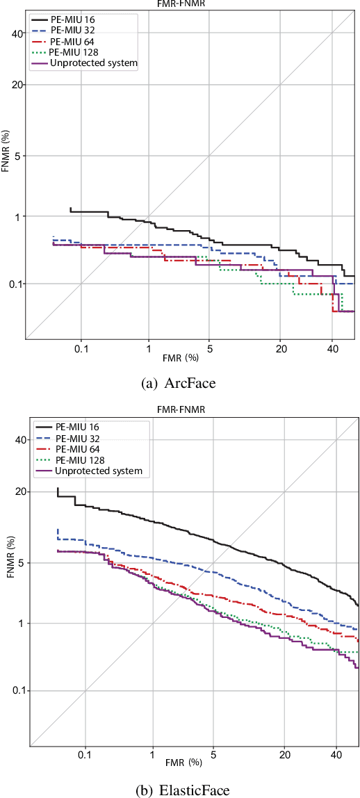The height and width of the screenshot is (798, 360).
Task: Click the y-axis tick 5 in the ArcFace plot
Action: point(19,156)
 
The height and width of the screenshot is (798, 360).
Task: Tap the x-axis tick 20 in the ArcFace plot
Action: point(280,348)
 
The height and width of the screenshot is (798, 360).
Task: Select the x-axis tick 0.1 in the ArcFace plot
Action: point(81,348)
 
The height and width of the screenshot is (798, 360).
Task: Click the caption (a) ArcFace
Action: point(180,382)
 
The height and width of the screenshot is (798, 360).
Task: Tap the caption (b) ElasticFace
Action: point(180,789)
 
